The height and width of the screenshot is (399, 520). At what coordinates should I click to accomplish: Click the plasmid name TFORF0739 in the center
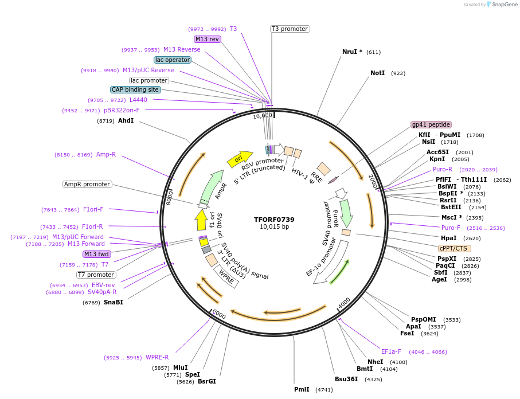pos(274,220)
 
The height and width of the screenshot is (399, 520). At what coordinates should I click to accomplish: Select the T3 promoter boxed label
pos(290,29)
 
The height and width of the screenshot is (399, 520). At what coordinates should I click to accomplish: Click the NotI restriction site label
pos(378,73)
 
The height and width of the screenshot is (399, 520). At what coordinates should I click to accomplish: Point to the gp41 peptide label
pos(431,124)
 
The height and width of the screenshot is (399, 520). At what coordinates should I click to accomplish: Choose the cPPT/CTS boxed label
pos(454,248)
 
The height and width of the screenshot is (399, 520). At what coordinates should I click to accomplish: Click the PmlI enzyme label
pos(302,389)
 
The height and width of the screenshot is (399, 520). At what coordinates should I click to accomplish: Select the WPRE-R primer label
pos(157,358)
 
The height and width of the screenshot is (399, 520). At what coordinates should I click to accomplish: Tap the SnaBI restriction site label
pos(113,302)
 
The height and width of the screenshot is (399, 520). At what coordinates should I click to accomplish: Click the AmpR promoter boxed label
pos(87,184)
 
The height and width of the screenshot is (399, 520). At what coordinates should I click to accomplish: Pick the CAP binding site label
pos(135,89)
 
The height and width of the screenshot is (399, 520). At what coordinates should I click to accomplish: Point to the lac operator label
pos(172,60)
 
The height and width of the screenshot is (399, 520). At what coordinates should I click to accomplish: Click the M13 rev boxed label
pos(207,39)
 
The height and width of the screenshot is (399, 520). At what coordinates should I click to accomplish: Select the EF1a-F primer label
pos(391,351)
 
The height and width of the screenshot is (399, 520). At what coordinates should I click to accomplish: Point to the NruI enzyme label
pos(350,52)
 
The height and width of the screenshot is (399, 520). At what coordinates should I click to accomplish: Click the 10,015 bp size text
pos(274,227)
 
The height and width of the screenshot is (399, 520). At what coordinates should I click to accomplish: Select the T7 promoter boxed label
pos(96,275)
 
